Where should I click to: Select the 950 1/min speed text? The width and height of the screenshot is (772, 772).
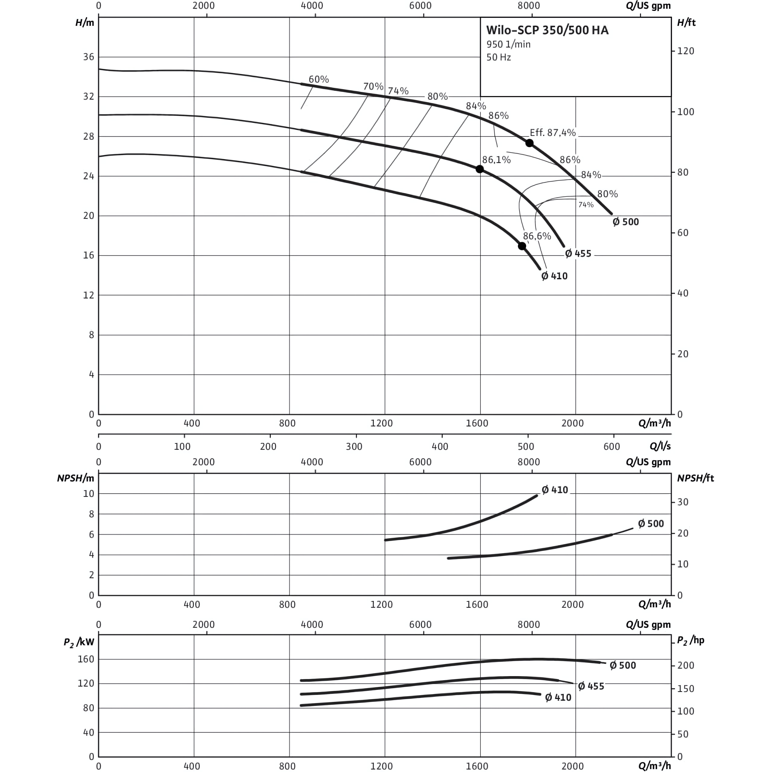(x=508, y=44)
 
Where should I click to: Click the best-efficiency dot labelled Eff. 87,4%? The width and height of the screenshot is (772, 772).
(x=529, y=143)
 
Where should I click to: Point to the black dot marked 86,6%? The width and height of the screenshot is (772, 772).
(x=522, y=246)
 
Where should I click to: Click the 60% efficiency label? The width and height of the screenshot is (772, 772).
(x=318, y=79)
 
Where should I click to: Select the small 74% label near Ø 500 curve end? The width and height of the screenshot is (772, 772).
(x=586, y=205)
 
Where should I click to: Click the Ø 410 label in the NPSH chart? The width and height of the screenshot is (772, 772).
(x=555, y=490)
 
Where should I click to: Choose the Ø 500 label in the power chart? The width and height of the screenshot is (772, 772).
(x=623, y=665)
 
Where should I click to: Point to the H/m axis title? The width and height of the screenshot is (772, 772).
(x=85, y=23)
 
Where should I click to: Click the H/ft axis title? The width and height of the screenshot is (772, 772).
(x=686, y=23)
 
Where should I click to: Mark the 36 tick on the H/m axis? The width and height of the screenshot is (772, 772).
(x=89, y=57)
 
